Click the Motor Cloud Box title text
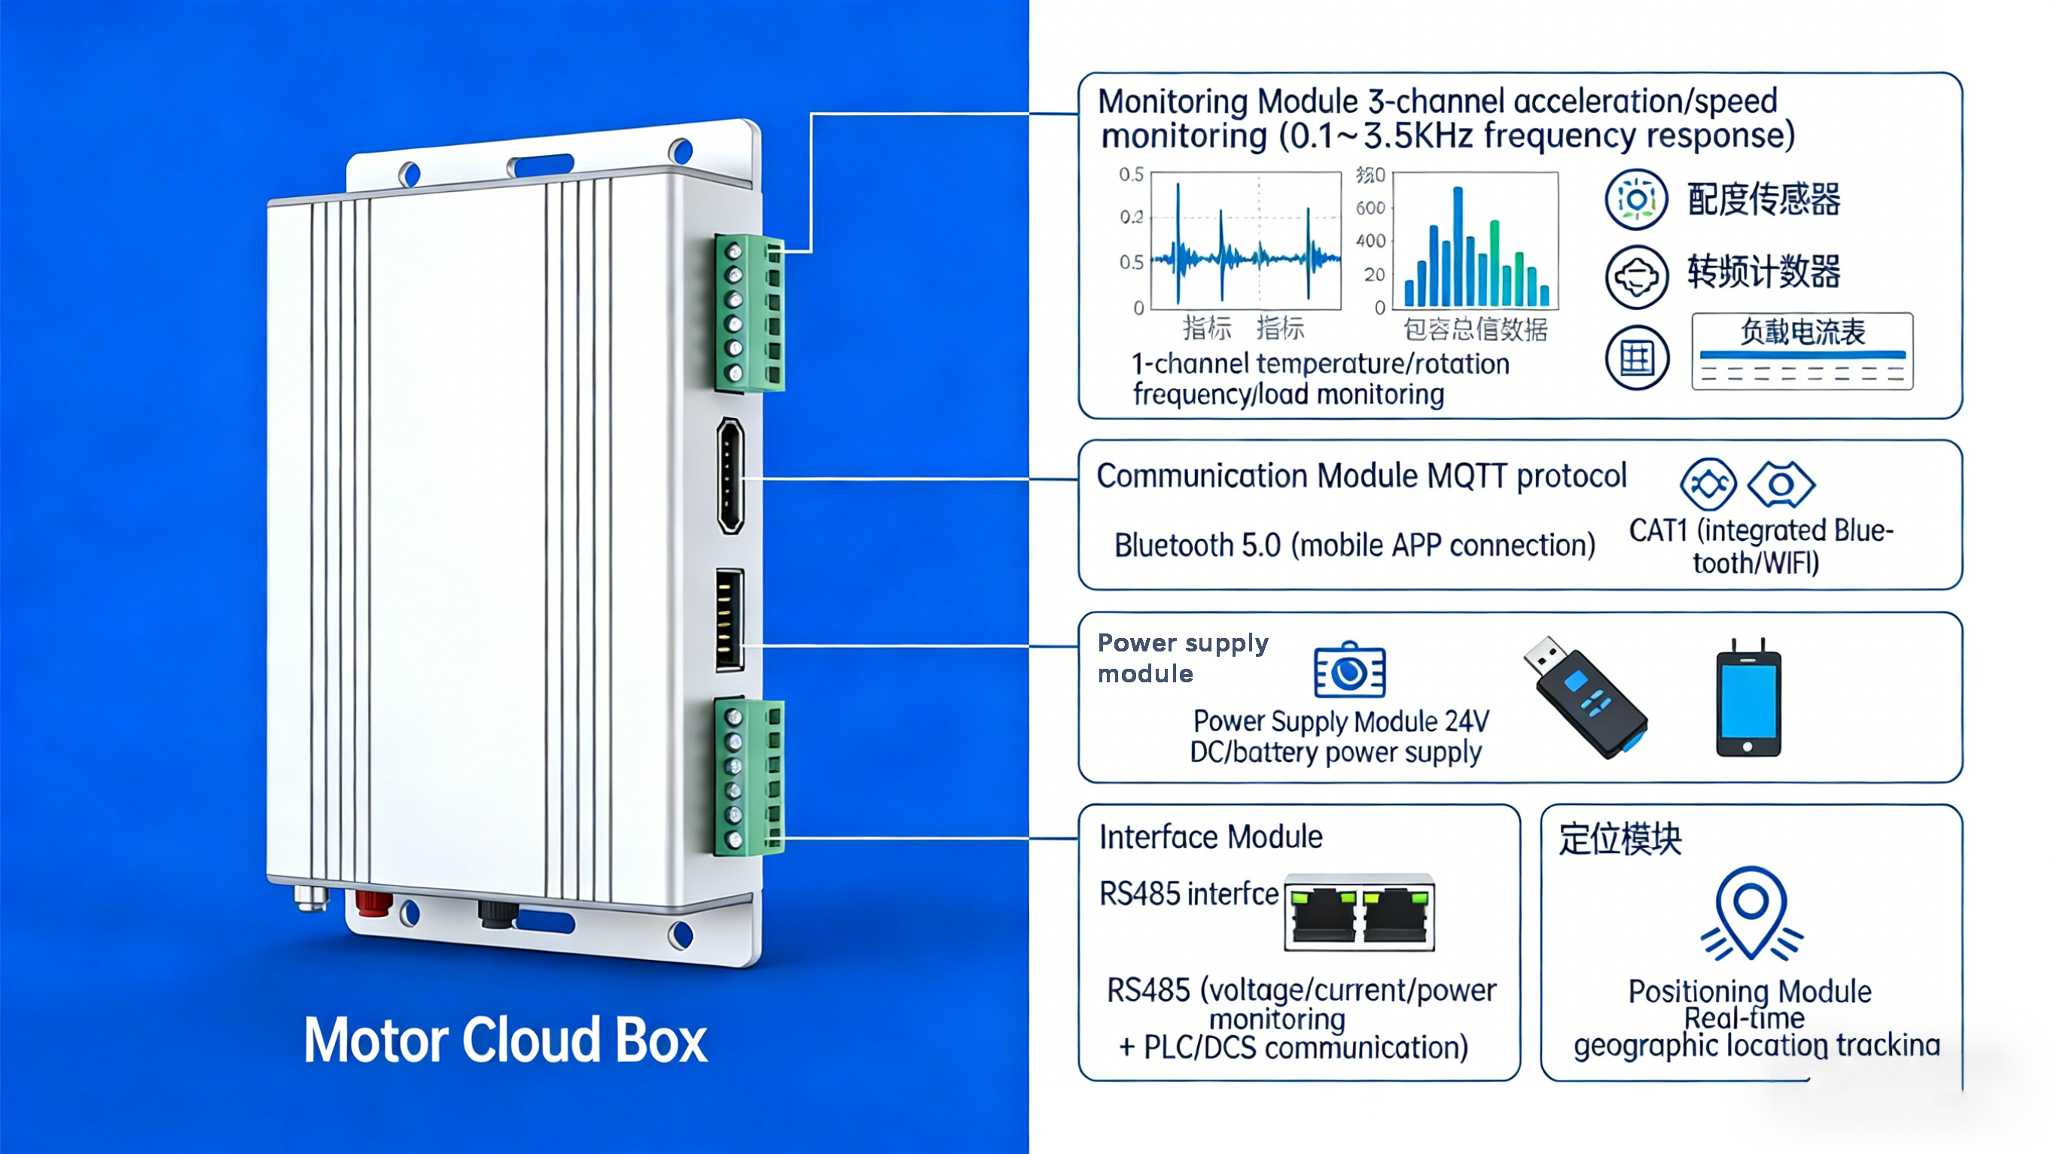coord(504,1040)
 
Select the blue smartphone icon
coord(1748,699)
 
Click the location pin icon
coord(1751,913)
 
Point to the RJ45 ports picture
coord(1359,913)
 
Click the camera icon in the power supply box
coord(1349,669)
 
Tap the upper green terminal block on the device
coord(749,313)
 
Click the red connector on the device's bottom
coord(373,903)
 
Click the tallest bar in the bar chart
coord(1458,246)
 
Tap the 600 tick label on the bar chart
coord(1370,208)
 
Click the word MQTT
coord(1467,476)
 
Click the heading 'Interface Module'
coord(1211,837)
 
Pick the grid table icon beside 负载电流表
coord(1636,357)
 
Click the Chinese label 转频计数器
coord(1763,272)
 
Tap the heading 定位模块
coord(1620,839)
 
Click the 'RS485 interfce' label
coord(1188,894)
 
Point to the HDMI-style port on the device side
coord(730,475)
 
